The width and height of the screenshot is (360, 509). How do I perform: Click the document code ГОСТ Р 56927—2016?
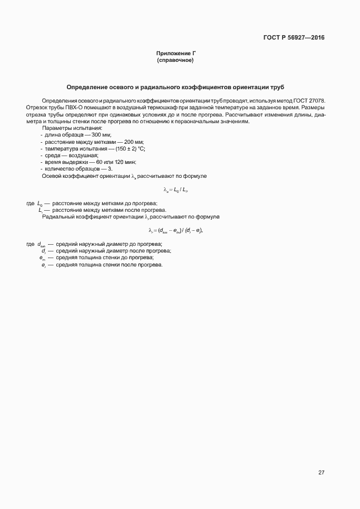[x=294, y=38]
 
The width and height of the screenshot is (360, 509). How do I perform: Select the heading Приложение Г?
[x=175, y=54]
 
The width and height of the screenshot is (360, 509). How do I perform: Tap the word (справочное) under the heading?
[x=175, y=60]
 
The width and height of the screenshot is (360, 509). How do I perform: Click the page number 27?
[x=321, y=473]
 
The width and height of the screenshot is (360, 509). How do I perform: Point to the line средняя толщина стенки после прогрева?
[x=108, y=264]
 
